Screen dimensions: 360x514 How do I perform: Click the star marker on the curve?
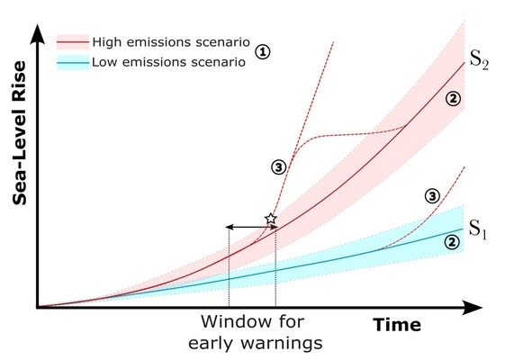pos(269,220)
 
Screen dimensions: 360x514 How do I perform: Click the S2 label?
pos(478,61)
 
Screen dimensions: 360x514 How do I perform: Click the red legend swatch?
pos(73,43)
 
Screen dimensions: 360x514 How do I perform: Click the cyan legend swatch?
pos(73,62)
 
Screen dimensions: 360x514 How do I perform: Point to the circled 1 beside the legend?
pos(263,52)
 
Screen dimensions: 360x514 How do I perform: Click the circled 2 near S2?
pos(454,99)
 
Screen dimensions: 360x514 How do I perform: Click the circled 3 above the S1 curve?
pos(432,195)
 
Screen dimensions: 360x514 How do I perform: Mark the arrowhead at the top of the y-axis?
pos(37,34)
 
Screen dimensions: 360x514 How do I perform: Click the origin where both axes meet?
pos(38,307)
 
